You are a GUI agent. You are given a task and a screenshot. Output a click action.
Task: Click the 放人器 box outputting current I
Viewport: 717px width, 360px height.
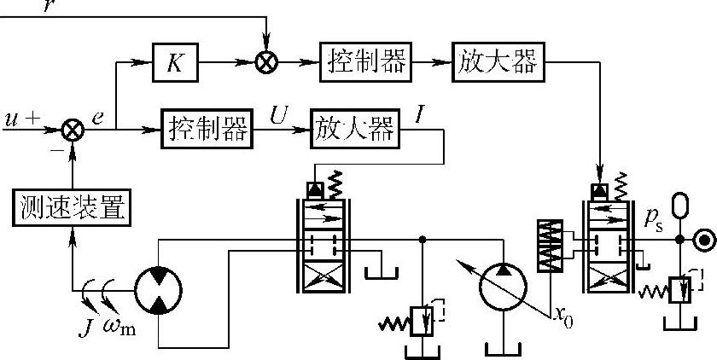pos(355,131)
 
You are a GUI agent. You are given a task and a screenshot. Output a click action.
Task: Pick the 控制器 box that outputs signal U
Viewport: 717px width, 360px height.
pos(207,131)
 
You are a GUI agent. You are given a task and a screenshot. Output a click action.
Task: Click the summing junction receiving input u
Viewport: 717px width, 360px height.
pos(73,131)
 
